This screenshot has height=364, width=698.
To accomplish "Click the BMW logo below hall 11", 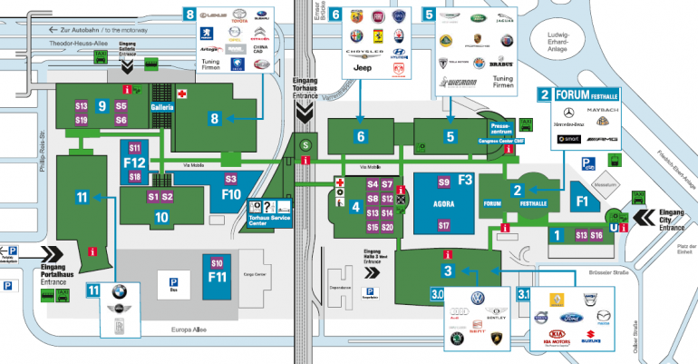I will pyautogui.click(x=117, y=292).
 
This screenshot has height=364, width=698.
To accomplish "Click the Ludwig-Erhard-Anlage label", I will pyautogui.click(x=557, y=42).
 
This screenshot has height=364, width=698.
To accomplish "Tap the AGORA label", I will pyautogui.click(x=442, y=204).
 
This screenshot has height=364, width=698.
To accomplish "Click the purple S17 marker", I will pyautogui.click(x=443, y=225).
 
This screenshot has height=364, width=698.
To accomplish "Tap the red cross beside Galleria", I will pyautogui.click(x=181, y=93).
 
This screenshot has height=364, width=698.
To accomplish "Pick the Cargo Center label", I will pyautogui.click(x=257, y=274).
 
